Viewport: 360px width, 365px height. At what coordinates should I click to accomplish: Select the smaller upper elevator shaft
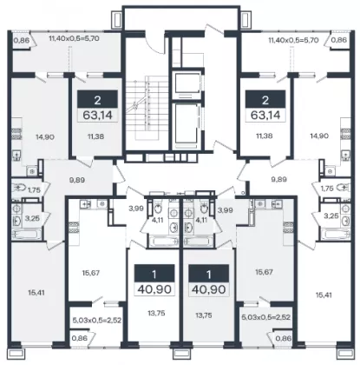(187, 84)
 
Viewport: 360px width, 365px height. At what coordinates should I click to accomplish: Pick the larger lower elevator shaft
(187, 123)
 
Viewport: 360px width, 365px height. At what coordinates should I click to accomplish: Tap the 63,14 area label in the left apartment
(97, 115)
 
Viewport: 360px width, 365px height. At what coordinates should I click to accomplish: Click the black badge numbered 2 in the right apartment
(265, 99)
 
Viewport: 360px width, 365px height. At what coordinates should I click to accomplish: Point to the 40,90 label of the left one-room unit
(154, 289)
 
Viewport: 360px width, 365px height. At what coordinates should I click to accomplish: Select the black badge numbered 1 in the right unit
(209, 274)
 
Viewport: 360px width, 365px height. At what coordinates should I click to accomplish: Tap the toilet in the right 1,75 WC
(342, 188)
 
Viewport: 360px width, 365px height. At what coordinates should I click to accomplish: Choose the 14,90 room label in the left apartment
(45, 136)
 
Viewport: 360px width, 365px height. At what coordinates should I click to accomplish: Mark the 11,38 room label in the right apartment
(265, 136)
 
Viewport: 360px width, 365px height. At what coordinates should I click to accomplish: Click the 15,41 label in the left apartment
(36, 293)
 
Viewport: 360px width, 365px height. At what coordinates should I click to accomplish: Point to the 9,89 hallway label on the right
(279, 179)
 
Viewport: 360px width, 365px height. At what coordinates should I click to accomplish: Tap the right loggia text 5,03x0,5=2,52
(265, 317)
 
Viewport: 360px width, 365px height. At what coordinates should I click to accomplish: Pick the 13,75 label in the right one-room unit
(205, 315)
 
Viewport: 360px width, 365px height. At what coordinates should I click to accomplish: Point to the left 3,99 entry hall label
(135, 208)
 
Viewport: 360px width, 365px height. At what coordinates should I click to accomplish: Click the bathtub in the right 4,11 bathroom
(199, 242)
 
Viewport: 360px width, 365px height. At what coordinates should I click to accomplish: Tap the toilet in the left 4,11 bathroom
(158, 208)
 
